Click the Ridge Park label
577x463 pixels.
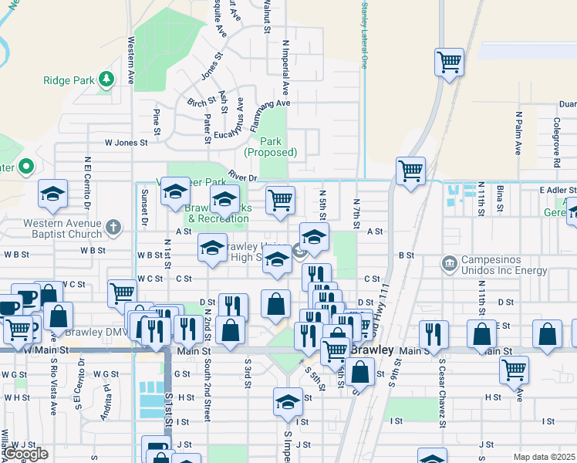[69, 79]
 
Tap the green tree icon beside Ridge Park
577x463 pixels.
[107, 79]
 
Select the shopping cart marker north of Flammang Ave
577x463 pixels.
[448, 62]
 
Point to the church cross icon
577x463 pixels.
[113, 227]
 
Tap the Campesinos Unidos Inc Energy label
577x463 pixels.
[504, 265]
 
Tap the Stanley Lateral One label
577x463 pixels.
[363, 35]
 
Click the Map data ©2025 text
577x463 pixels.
[544, 457]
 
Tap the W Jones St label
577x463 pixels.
[126, 143]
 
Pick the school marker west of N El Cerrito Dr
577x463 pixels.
[52, 193]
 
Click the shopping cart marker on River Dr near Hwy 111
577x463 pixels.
[410, 171]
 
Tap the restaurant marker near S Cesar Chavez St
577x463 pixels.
[434, 333]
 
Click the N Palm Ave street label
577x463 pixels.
[519, 131]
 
